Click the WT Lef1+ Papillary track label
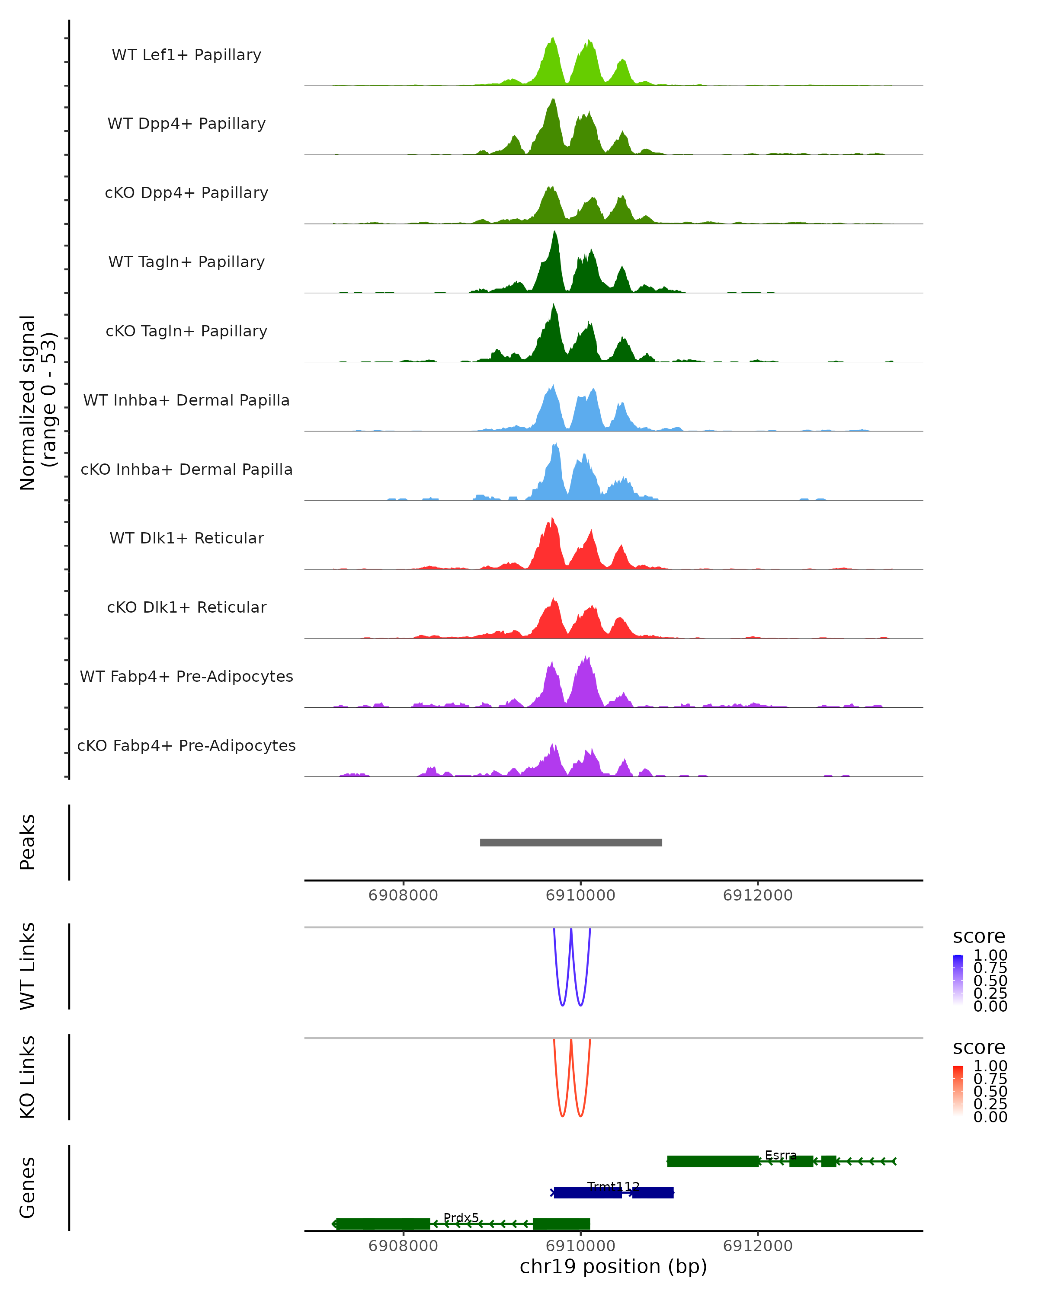pyautogui.click(x=186, y=55)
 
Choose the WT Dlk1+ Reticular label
pyautogui.click(x=186, y=538)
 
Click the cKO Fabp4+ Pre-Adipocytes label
pyautogui.click(x=186, y=745)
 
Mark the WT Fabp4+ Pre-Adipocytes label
pyautogui.click(x=186, y=676)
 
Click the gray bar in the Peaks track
pyautogui.click(x=570, y=842)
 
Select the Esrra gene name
pyautogui.click(x=781, y=1155)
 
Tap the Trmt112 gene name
pyautogui.click(x=613, y=1186)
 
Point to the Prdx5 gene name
pyautogui.click(x=461, y=1217)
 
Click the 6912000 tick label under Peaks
pyautogui.click(x=758, y=895)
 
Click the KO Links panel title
pyautogui.click(x=28, y=1077)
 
